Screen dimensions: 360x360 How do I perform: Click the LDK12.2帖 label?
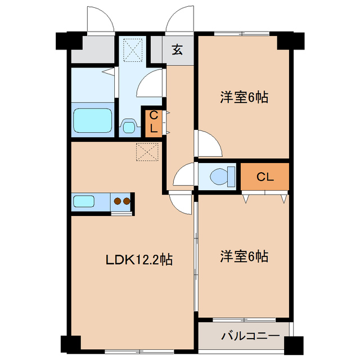(x=139, y=260)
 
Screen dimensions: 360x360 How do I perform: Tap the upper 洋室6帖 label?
(x=243, y=98)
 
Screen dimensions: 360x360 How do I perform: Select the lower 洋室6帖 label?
(x=243, y=257)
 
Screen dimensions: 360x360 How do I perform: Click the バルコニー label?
(x=250, y=337)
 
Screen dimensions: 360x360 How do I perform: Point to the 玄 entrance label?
(x=177, y=49)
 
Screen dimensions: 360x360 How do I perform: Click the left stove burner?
(x=118, y=200)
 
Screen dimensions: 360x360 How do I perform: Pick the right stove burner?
(x=127, y=200)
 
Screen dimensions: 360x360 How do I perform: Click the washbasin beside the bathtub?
(x=129, y=126)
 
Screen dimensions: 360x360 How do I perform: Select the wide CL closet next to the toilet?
(x=265, y=177)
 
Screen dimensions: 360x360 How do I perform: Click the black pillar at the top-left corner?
(x=66, y=40)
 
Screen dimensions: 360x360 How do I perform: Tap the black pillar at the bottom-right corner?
(x=293, y=343)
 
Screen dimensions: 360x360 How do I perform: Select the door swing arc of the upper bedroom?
(x=208, y=143)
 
